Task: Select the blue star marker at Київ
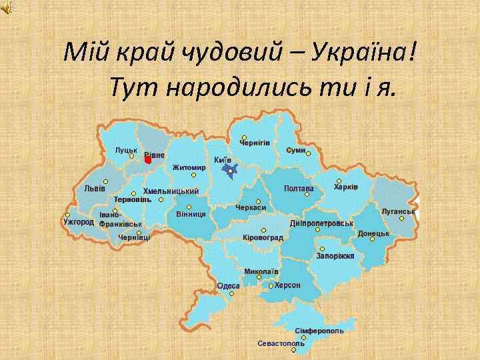[x=229, y=171]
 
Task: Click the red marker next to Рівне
[x=148, y=159]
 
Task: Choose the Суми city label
[x=296, y=151]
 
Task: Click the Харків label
[x=345, y=187]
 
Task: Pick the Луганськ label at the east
[x=398, y=211]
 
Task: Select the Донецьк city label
[x=373, y=234]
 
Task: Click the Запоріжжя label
[x=335, y=256]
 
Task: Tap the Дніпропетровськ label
[x=321, y=223]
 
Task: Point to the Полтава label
[x=298, y=189]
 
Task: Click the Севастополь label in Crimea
[x=281, y=344]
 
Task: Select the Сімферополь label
[x=319, y=331]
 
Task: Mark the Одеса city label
[x=228, y=286]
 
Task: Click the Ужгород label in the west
[x=78, y=221]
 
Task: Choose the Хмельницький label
[x=171, y=191]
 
